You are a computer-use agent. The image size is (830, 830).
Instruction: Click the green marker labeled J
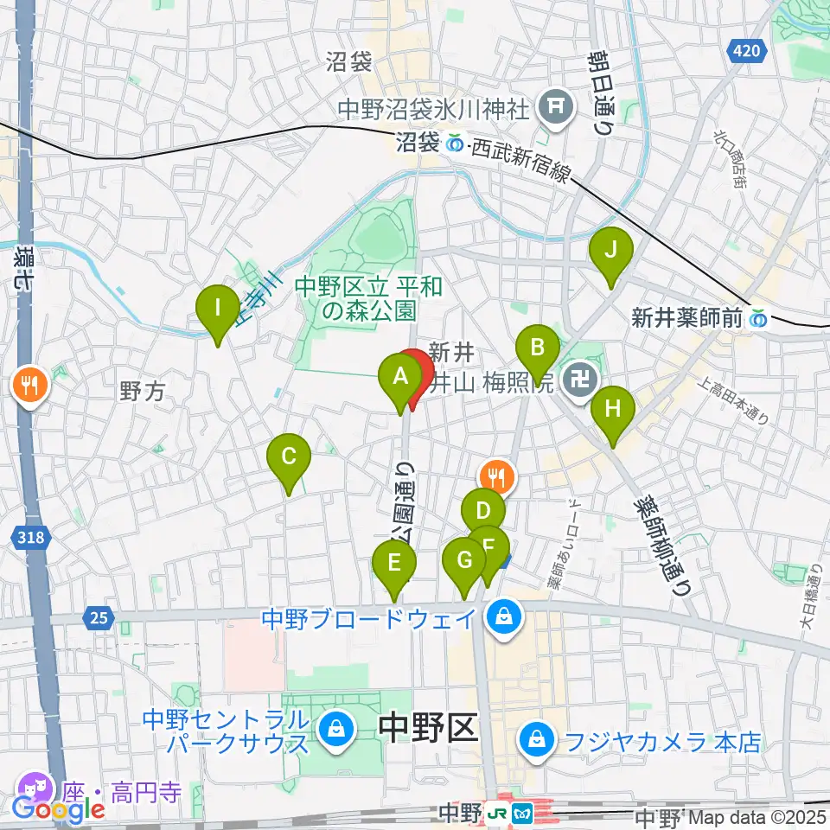[x=610, y=252]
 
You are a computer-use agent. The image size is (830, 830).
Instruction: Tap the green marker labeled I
[x=217, y=309]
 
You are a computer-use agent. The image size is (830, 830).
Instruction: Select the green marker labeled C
[x=289, y=456]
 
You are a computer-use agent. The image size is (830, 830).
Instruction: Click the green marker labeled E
[x=394, y=565]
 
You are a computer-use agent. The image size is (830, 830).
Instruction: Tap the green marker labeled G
[x=464, y=562]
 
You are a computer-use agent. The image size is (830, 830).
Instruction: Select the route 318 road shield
[x=31, y=539]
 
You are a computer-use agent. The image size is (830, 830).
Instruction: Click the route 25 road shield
[x=98, y=617]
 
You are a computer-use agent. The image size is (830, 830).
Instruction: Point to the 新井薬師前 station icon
[x=759, y=318]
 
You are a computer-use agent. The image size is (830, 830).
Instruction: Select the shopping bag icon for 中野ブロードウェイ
[x=502, y=617]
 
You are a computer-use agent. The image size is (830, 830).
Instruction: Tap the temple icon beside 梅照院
[x=575, y=378]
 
